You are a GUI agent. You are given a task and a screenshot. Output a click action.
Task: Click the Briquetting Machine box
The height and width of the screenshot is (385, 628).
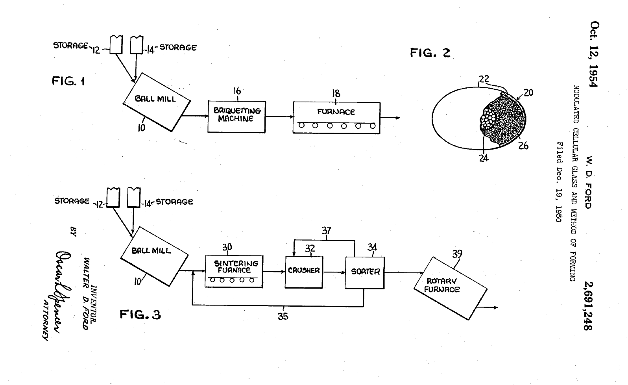click(236, 116)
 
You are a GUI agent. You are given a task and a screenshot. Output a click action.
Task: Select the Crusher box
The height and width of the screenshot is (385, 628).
click(304, 272)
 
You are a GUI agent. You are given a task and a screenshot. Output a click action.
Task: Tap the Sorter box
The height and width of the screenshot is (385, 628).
click(365, 272)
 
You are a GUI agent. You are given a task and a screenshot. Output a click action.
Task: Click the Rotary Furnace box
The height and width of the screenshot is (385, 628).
click(450, 287)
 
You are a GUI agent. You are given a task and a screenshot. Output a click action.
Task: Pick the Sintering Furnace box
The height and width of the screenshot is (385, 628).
click(234, 271)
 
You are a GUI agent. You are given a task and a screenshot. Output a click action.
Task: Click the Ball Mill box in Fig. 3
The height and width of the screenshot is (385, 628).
click(153, 254)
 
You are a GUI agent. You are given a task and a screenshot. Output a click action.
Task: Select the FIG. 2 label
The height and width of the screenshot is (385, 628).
click(430, 52)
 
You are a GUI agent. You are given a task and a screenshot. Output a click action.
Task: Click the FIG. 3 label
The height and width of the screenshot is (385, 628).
click(140, 315)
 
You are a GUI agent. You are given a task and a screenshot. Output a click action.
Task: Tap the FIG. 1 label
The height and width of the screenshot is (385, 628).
click(68, 81)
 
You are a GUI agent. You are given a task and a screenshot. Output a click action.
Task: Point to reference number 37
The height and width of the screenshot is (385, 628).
click(326, 231)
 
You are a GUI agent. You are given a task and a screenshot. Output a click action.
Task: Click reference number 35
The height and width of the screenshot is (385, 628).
click(283, 316)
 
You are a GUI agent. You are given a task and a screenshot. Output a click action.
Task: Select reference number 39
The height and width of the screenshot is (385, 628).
click(457, 254)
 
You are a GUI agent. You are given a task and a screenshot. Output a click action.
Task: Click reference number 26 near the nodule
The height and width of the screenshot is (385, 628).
click(523, 146)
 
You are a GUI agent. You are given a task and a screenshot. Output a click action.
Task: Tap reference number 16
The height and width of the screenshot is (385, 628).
click(237, 91)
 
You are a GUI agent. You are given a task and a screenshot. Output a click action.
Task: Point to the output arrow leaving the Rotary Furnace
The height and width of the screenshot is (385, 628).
click(488, 307)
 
